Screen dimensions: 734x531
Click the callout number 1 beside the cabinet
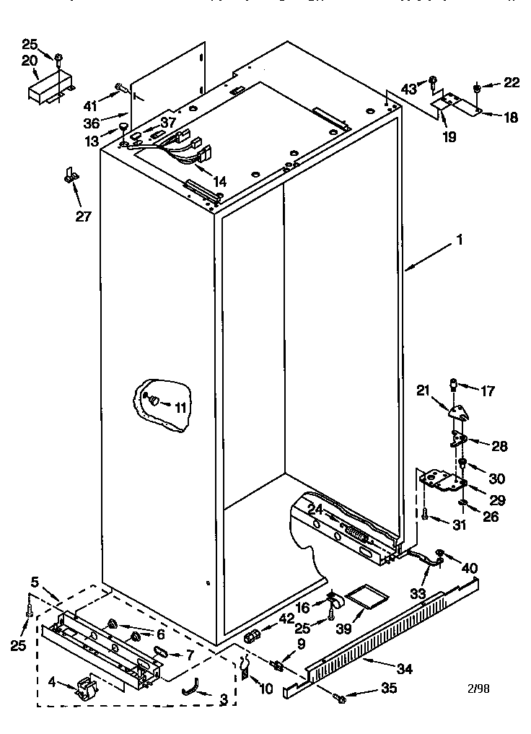click(459, 242)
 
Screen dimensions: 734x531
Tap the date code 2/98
click(477, 688)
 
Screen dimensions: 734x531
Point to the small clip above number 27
click(69, 175)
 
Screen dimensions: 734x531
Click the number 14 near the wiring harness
click(219, 182)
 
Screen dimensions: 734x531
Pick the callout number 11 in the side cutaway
click(180, 408)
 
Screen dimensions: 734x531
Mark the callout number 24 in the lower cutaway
click(315, 510)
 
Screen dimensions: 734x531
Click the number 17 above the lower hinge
click(488, 392)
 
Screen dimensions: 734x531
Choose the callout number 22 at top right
click(511, 83)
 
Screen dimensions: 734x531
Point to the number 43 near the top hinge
click(409, 88)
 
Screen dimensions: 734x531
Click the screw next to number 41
click(120, 90)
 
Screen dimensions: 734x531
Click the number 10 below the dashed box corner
click(266, 689)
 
